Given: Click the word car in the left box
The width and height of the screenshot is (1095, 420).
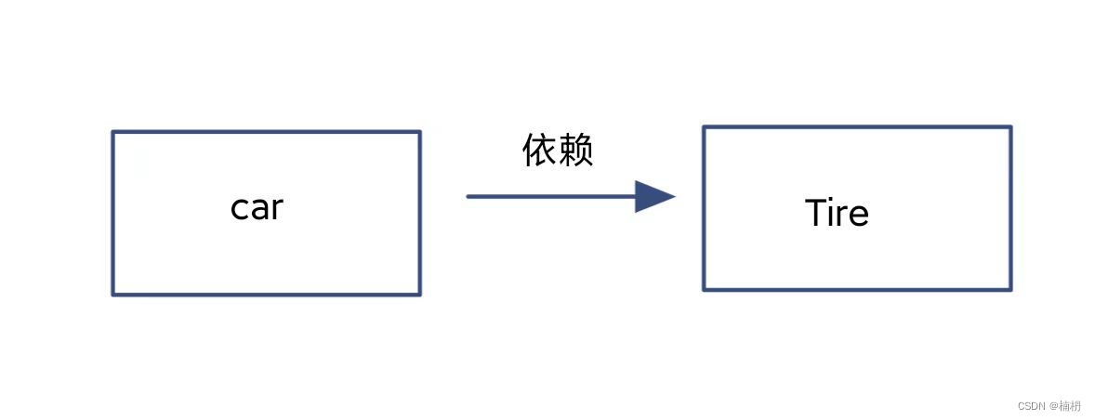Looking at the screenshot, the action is pos(256,208).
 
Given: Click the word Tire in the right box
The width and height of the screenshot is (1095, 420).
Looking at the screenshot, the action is pos(837,214).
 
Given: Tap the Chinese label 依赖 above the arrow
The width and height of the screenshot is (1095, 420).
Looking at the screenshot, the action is pos(558,151).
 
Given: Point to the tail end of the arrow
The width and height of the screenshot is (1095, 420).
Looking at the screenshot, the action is pos(469,196).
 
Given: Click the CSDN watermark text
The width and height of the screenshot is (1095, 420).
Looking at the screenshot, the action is pos(1032,406).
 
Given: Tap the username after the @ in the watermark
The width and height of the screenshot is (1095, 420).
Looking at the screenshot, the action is pos(1070,406).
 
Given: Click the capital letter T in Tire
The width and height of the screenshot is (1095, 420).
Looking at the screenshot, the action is pos(815,213).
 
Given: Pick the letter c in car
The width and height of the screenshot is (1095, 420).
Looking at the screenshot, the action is pos(238,209).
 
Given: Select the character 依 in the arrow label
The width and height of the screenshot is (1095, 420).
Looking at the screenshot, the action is pos(540,151).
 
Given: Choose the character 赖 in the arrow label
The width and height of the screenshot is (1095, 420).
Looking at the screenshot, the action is pos(575,151).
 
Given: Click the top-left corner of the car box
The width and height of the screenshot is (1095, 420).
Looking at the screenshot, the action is pos(113,132).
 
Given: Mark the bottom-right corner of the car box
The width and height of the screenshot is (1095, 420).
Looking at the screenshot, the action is pos(419,295).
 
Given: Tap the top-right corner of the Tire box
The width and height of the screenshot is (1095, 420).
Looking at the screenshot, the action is pos(1010,127).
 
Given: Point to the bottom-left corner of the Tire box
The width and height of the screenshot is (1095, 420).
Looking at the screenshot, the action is pos(705,290).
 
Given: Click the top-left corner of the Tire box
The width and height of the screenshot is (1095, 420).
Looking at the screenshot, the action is pos(705,127).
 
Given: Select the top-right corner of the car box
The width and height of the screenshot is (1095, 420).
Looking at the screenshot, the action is pos(419,132).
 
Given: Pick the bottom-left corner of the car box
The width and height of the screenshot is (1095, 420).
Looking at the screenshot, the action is pos(113,295).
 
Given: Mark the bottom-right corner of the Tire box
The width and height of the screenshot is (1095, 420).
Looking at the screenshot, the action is pos(1010,290).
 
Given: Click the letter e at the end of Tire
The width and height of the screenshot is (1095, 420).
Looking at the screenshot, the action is pos(859,216).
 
